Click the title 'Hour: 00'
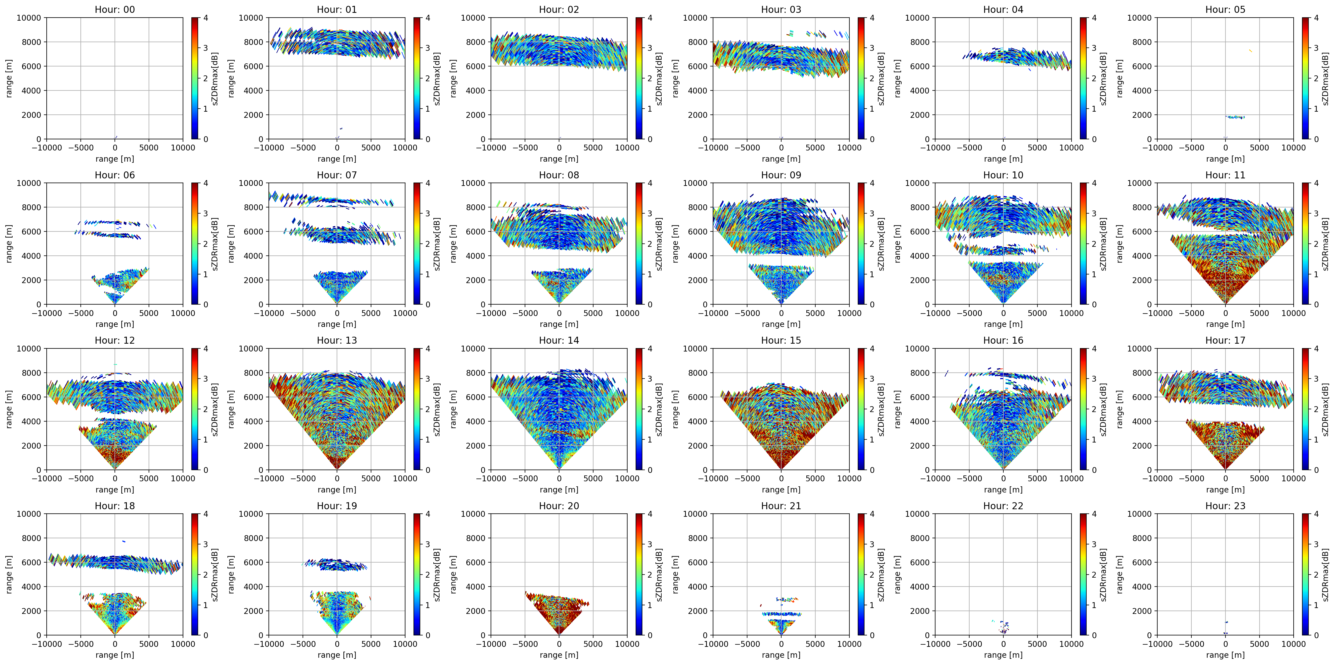pyautogui.click(x=115, y=9)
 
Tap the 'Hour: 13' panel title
pyautogui.click(x=337, y=340)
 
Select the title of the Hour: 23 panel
pyautogui.click(x=1225, y=506)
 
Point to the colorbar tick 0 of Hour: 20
pyautogui.click(x=650, y=635)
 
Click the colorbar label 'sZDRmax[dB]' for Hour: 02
pyautogui.click(x=659, y=78)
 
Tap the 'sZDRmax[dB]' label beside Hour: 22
pyautogui.click(x=1103, y=574)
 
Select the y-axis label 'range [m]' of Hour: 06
pyautogui.click(x=9, y=243)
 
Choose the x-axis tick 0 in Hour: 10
pyautogui.click(x=1003, y=313)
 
